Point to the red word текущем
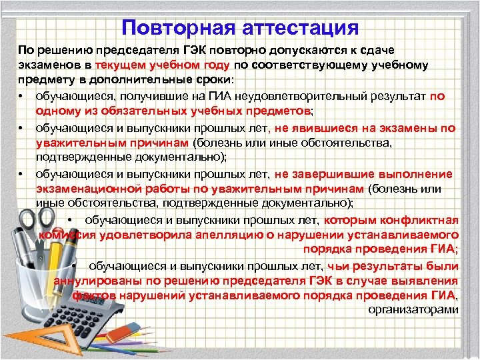click(121, 66)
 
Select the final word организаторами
click(413, 309)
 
